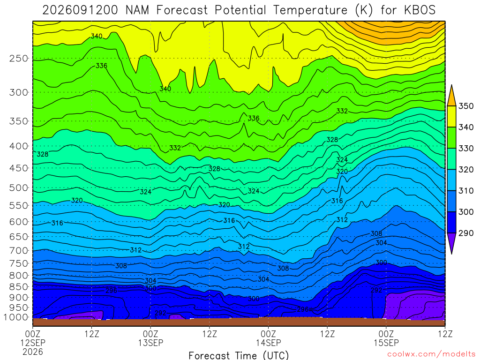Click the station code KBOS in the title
point(420,10)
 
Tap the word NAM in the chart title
point(137,10)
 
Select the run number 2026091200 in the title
point(80,10)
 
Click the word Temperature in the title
point(310,10)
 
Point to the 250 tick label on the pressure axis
point(19,59)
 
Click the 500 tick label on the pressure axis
point(19,187)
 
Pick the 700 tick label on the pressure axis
point(19,251)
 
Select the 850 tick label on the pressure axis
point(19,287)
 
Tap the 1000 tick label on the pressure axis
point(16,317)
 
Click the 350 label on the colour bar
point(466,106)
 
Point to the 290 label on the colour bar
point(466,233)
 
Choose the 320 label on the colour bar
point(466,170)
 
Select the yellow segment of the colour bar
point(451,117)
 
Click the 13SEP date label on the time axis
point(150,343)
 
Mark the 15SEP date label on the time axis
point(386,343)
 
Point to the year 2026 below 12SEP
point(33,352)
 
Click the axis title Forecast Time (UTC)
point(239,355)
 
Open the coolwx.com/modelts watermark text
point(431,354)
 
